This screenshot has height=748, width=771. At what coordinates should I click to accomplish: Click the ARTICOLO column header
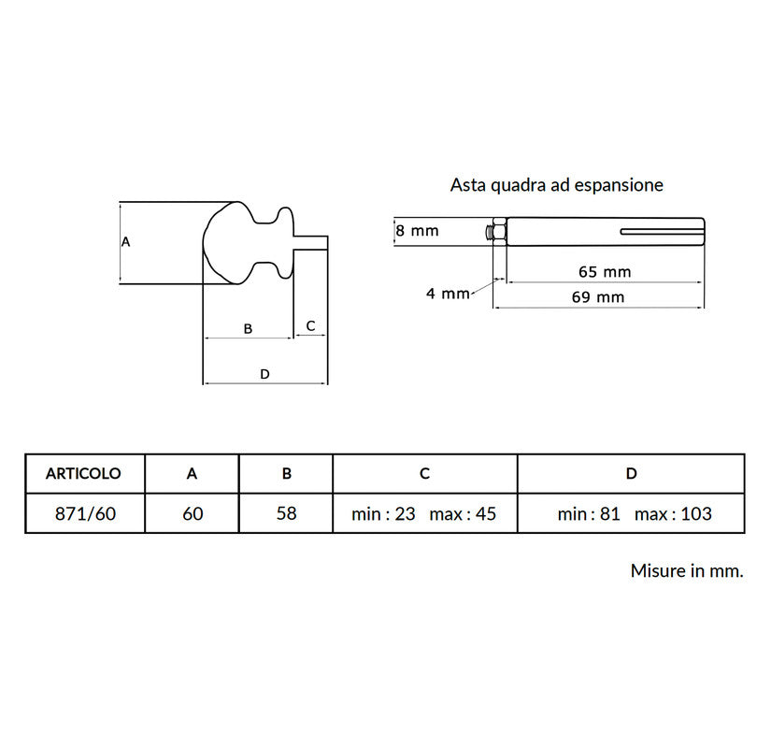tap(83, 474)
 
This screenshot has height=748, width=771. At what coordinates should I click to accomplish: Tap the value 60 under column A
tap(193, 513)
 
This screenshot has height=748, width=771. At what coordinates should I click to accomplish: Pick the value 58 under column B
tap(286, 513)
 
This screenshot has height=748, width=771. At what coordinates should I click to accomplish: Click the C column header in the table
tap(424, 474)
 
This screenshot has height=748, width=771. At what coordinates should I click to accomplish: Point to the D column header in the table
tap(631, 474)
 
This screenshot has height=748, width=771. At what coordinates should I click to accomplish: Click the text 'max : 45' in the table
tap(463, 513)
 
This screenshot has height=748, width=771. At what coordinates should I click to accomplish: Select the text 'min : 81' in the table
tap(589, 513)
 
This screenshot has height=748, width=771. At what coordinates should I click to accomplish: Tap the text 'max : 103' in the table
tap(673, 513)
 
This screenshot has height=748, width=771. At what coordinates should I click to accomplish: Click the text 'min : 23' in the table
tap(383, 513)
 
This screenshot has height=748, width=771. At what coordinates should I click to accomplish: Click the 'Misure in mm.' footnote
tap(687, 570)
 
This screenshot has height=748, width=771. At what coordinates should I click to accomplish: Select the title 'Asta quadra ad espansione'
tap(556, 185)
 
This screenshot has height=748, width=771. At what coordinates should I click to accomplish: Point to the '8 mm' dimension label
tap(417, 230)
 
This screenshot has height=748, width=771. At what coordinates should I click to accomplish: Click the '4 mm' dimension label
tap(448, 294)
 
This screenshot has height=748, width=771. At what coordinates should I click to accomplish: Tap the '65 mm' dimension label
tap(605, 272)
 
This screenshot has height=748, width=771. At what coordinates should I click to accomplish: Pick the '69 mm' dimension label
tap(597, 297)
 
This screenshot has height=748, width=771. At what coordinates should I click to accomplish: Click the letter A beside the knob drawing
tap(126, 241)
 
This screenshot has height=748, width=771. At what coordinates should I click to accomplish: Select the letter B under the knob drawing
tap(248, 329)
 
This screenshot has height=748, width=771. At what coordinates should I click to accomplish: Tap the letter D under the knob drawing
tap(264, 374)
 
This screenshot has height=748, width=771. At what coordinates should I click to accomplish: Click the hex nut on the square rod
tap(499, 231)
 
